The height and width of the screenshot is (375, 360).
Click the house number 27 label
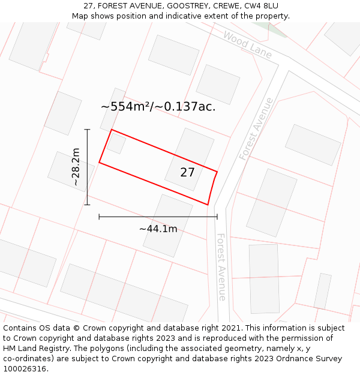[x=187, y=173]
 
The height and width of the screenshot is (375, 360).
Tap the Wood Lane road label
[x=247, y=45]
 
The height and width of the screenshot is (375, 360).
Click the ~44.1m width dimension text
[x=158, y=229]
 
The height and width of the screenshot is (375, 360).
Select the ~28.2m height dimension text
[x=76, y=167]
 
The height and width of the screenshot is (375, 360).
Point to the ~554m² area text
[x=125, y=107]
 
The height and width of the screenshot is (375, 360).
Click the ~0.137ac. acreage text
[x=185, y=107]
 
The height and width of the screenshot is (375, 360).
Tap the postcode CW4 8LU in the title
[x=260, y=6]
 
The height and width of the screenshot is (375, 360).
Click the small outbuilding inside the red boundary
[x=116, y=143]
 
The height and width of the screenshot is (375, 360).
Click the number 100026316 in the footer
[x=24, y=369]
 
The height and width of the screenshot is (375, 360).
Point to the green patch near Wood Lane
[x=275, y=28]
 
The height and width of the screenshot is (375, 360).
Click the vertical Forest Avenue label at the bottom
[x=221, y=267]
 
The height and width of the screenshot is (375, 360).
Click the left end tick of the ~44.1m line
[x=99, y=217]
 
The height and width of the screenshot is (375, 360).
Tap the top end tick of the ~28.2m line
[x=88, y=129]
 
